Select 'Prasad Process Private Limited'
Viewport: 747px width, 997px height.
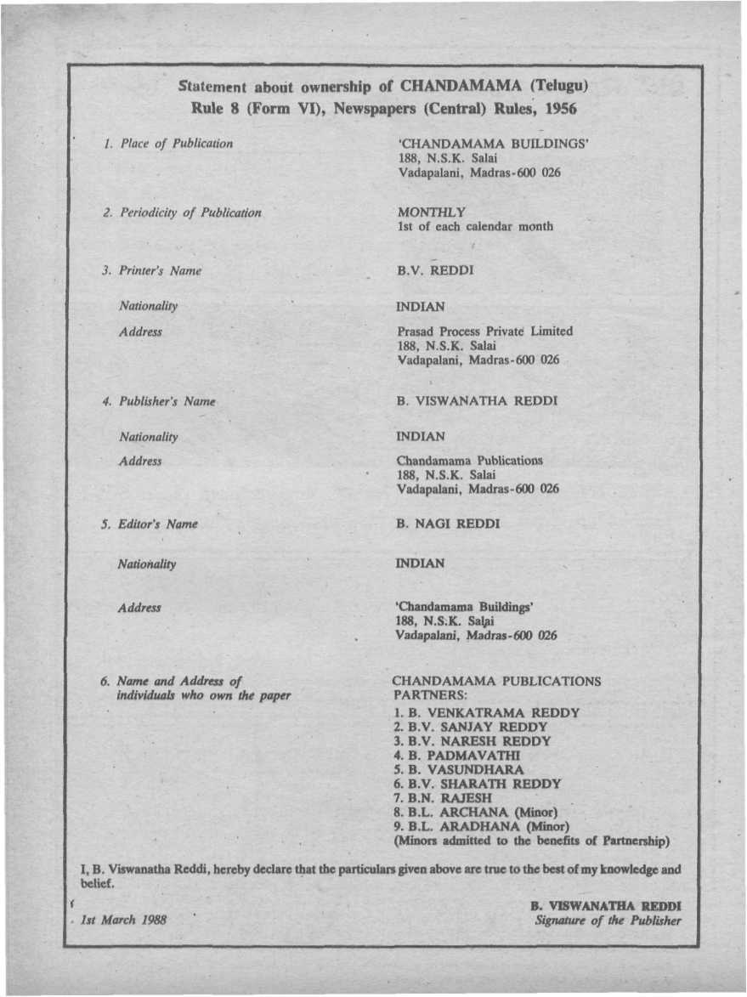(484, 331)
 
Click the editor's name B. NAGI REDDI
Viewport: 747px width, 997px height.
(448, 524)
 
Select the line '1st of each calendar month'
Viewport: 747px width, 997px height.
(474, 226)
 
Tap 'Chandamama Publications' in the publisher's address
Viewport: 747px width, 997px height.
(469, 461)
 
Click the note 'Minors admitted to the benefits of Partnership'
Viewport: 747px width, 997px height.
(531, 841)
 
